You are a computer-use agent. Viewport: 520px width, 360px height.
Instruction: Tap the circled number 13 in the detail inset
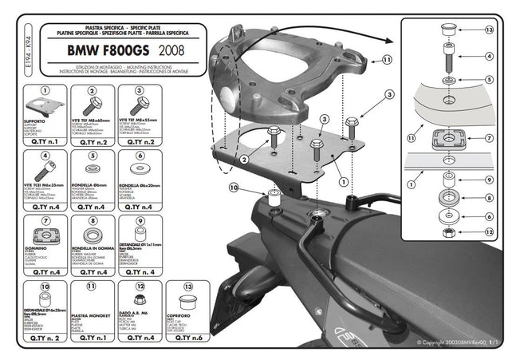[489, 30]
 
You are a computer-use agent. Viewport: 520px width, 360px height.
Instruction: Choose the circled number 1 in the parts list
[46, 93]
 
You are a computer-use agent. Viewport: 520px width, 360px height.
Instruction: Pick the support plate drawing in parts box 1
[45, 112]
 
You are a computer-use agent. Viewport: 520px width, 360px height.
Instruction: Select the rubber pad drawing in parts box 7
[46, 237]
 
